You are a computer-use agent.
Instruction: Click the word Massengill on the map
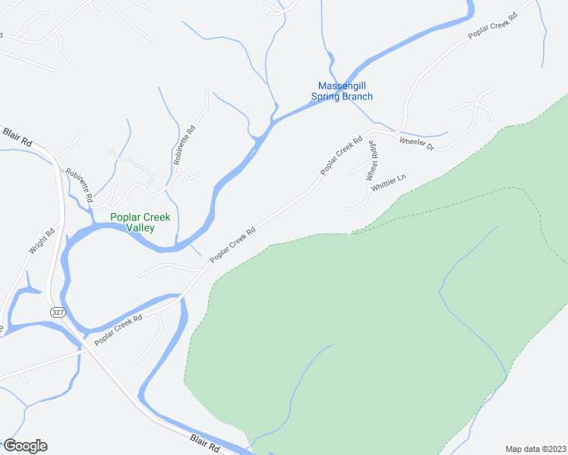click(342, 86)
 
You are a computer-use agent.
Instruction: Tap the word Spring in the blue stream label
click(327, 96)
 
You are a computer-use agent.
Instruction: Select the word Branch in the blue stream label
click(358, 96)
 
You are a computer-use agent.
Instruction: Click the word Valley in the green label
click(140, 227)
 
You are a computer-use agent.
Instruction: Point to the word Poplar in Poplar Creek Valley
click(126, 217)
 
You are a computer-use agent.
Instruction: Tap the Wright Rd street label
click(43, 241)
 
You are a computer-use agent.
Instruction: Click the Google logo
click(24, 446)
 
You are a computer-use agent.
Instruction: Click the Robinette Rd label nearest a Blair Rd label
click(79, 184)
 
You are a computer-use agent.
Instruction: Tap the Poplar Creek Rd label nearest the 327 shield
click(118, 331)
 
